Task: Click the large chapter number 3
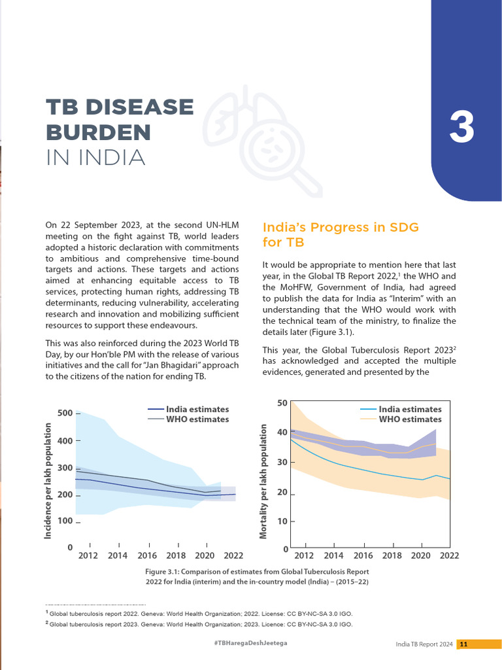pyautogui.click(x=461, y=129)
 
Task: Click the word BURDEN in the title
pyautogui.click(x=98, y=132)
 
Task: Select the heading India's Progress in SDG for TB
pyautogui.click(x=340, y=234)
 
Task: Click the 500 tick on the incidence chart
pyautogui.click(x=65, y=413)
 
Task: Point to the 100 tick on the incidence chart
pyautogui.click(x=65, y=521)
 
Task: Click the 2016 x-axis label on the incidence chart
pyautogui.click(x=147, y=555)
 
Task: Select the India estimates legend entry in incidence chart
pyautogui.click(x=197, y=409)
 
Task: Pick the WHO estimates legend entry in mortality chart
pyautogui.click(x=410, y=419)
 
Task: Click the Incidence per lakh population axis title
pyautogui.click(x=48, y=481)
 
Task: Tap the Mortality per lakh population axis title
pyautogui.click(x=263, y=482)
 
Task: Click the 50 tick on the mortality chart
pyautogui.click(x=282, y=402)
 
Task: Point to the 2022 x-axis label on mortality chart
pyautogui.click(x=449, y=555)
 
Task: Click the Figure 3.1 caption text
pyautogui.click(x=257, y=576)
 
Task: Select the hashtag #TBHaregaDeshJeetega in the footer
pyautogui.click(x=250, y=644)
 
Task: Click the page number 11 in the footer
pyautogui.click(x=463, y=644)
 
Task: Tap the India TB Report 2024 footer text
pyautogui.click(x=424, y=644)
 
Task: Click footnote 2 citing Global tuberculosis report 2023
pyautogui.click(x=199, y=624)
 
